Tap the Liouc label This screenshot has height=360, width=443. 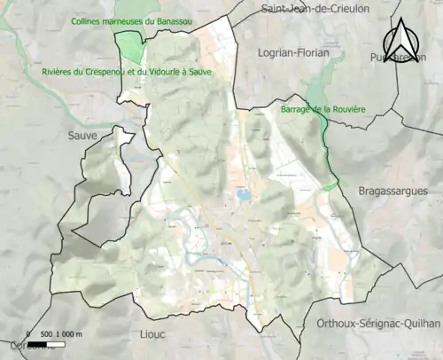pos(154,333)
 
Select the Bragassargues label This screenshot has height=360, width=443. pos(392,191)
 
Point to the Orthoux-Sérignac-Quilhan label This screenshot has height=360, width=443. pos(379,324)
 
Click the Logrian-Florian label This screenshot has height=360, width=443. pos(292,53)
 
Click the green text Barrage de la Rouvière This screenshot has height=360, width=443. pos(322,109)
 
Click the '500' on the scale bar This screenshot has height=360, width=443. pos(48,333)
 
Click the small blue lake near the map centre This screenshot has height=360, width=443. pos(242,192)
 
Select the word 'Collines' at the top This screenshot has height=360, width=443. pos(88,20)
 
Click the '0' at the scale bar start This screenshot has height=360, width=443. pos(28,333)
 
